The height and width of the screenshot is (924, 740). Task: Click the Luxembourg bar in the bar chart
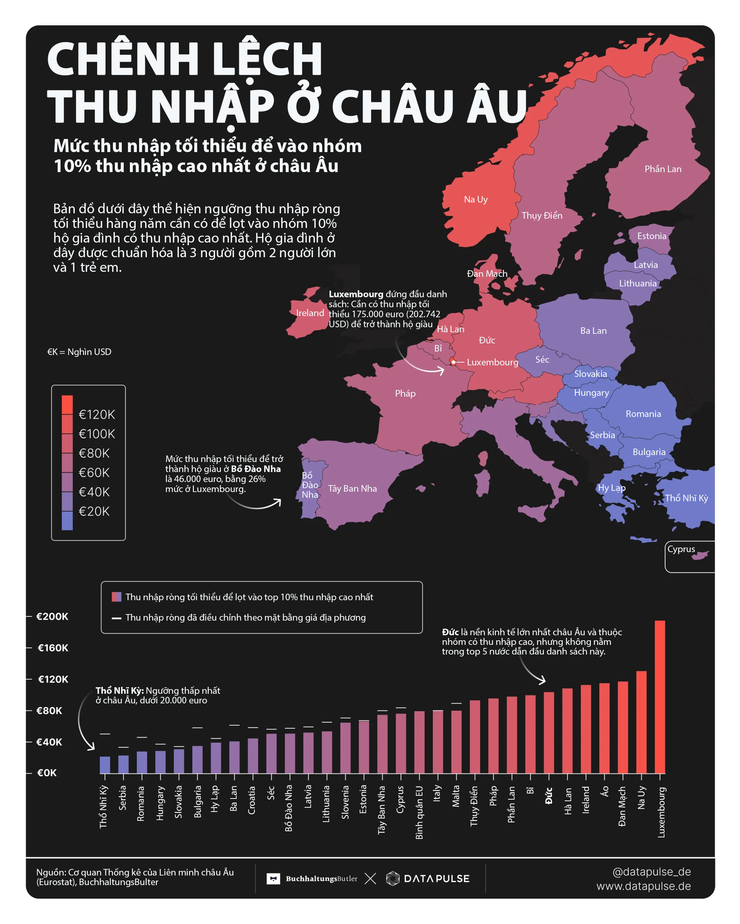point(660,696)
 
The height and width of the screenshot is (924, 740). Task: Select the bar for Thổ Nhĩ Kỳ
point(105,765)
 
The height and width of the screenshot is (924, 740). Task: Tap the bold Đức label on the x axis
point(549,796)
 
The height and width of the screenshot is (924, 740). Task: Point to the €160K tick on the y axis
point(53,648)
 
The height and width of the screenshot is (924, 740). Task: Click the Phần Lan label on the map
point(663,169)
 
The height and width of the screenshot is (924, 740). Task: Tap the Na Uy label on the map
point(476,199)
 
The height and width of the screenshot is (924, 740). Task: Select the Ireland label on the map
point(310,313)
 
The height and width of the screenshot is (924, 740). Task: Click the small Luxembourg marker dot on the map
point(453,362)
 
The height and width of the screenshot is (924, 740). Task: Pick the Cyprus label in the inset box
point(681,549)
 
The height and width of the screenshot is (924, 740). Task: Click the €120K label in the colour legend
point(97,414)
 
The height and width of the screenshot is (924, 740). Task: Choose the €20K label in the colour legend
point(94,511)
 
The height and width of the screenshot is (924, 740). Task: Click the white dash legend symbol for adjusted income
point(116,618)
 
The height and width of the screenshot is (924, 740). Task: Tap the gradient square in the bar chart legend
point(116,597)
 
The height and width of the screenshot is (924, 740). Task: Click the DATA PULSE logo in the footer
point(428,879)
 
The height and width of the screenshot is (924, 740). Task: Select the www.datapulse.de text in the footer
point(644,886)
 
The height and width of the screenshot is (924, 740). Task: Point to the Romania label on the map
point(643,414)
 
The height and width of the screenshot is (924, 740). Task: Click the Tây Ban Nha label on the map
point(353,489)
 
